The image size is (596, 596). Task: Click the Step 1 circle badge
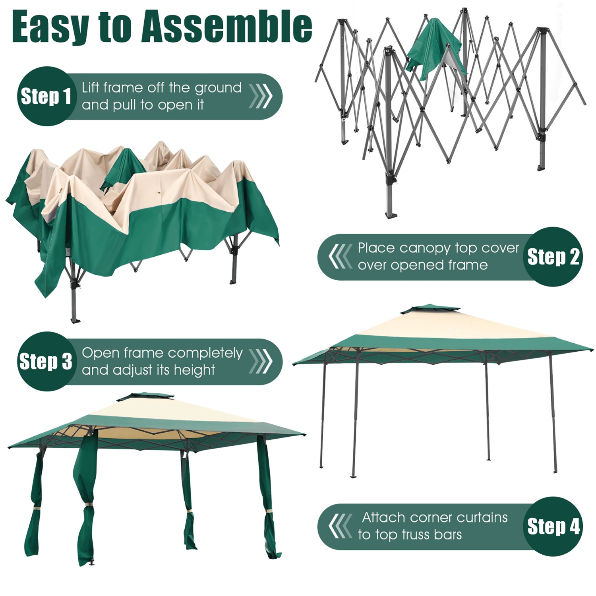pos(46,96)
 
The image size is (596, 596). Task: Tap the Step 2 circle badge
pos(553,257)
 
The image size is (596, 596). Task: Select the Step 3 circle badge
pos(46,361)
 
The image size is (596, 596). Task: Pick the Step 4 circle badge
pos(553,526)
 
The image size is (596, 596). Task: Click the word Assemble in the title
pos(226,27)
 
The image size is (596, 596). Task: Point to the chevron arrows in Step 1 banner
pos(261,96)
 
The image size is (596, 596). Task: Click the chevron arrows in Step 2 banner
pos(341,257)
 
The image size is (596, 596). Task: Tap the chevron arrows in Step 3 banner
pos(261,361)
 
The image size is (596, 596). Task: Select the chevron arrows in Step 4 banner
pos(341,526)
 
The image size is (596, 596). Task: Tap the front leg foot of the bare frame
pos(391,215)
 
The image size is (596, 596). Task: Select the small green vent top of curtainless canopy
pos(431,308)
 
